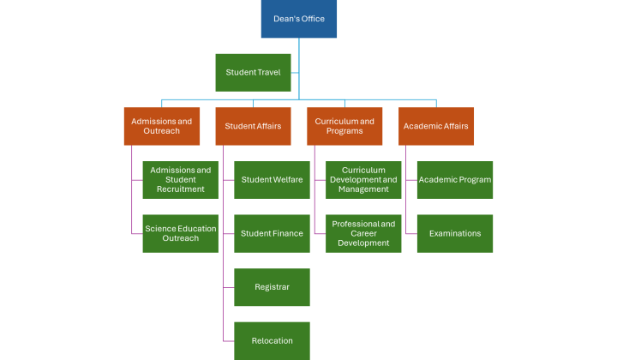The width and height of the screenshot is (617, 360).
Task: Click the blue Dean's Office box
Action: (x=298, y=19)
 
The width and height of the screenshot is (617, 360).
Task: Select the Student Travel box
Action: (x=253, y=72)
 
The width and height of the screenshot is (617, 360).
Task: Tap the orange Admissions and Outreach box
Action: (x=161, y=126)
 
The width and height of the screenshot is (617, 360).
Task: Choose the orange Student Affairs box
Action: (x=253, y=126)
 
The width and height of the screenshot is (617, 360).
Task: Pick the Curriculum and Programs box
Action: (x=344, y=126)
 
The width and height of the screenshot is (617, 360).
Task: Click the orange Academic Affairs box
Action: (x=436, y=126)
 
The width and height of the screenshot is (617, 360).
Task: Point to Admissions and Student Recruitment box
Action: (x=180, y=179)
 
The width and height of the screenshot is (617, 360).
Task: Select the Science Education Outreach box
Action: (x=180, y=233)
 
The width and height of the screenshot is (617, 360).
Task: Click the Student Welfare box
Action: (x=272, y=179)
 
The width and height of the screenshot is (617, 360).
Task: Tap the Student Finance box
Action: (x=272, y=233)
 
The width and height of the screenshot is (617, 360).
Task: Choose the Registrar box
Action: (x=272, y=287)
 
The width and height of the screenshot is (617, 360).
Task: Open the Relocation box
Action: (x=272, y=340)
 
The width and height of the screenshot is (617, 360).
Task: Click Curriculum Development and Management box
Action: (x=363, y=179)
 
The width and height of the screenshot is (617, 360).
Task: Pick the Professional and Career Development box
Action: (x=363, y=233)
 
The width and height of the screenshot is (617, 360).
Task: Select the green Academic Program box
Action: (x=455, y=179)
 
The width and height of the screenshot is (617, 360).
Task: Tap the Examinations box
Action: (x=455, y=233)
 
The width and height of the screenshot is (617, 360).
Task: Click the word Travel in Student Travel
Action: (x=268, y=72)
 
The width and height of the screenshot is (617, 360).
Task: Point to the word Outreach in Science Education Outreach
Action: (x=180, y=238)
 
